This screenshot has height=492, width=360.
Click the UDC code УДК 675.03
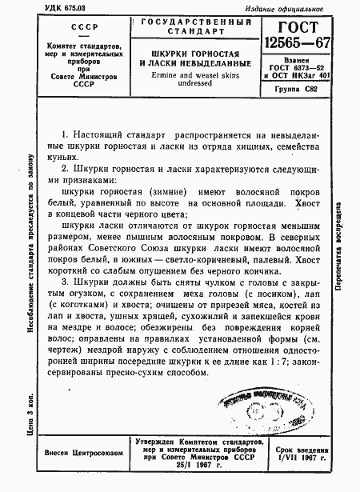point(40,8)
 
